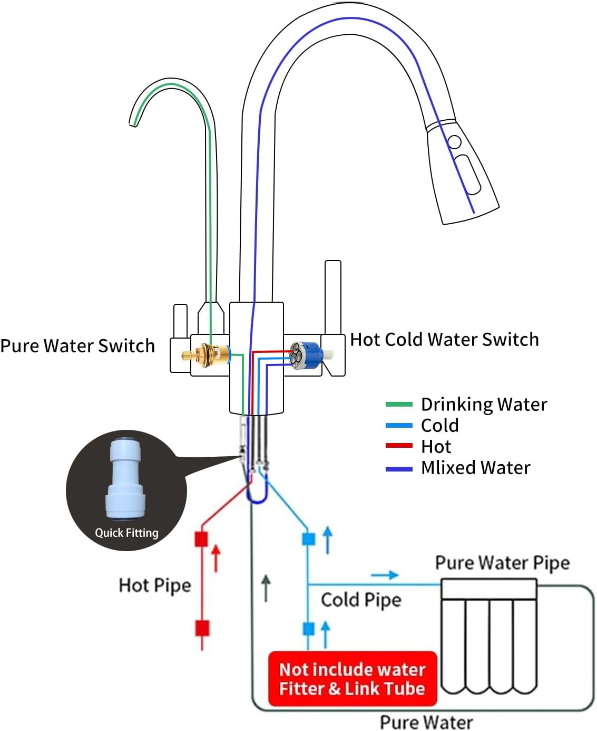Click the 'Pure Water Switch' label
point(77,346)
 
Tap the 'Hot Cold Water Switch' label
point(444,340)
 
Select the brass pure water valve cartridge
point(206,355)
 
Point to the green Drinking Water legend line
point(399,405)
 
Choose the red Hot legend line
point(399,446)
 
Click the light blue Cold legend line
point(399,425)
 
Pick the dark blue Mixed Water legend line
point(399,468)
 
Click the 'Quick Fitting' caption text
point(126,533)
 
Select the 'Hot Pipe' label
point(155,585)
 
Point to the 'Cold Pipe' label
point(361,600)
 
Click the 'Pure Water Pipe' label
point(502,563)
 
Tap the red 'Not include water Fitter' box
point(353,679)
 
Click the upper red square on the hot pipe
point(202,539)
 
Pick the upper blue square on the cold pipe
point(308,539)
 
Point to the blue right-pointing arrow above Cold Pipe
point(385,575)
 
